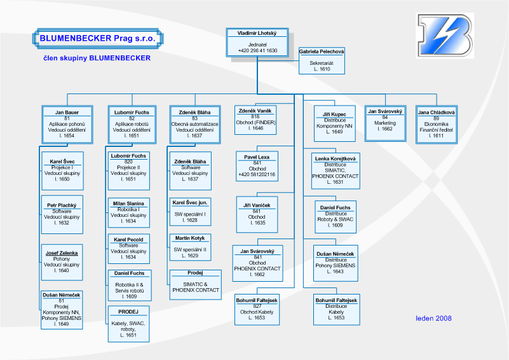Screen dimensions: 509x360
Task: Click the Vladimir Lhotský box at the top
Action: [257, 43]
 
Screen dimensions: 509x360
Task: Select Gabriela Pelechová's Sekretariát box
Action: [322, 61]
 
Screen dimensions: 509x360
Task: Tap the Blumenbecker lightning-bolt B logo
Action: [445, 36]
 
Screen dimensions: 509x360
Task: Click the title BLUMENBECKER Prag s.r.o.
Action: [98, 38]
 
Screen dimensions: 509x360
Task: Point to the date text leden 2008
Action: [433, 318]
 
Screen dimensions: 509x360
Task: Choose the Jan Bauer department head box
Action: [67, 125]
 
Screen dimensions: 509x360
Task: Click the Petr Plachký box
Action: [62, 214]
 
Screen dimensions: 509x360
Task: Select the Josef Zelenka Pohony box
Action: [62, 262]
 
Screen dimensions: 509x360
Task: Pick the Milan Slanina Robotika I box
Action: [129, 213]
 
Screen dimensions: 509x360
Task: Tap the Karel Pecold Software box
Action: [129, 249]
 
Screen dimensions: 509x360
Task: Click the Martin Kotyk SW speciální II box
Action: [190, 247]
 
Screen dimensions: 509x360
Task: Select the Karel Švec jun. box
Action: [190, 212]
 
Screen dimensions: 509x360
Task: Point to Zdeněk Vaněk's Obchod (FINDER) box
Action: [255, 120]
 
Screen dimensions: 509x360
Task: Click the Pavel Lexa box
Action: [257, 166]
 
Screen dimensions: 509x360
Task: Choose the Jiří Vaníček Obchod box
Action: [257, 214]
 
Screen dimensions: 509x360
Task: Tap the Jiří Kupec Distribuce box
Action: [335, 124]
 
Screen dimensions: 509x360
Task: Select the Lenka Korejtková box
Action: [336, 171]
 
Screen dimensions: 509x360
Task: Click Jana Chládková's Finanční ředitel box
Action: [437, 125]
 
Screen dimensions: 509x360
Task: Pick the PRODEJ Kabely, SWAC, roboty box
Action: [129, 324]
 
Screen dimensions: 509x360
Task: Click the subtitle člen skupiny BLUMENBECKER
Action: [97, 58]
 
